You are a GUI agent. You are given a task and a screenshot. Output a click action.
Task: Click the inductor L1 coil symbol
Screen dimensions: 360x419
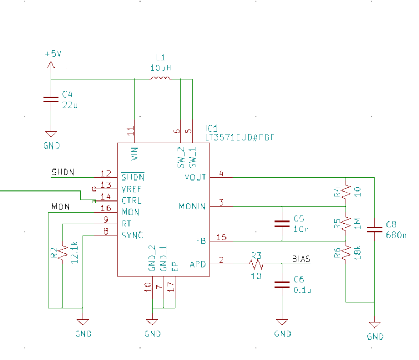(x=160, y=79)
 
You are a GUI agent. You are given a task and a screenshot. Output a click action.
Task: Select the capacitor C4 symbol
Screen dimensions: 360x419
(x=51, y=100)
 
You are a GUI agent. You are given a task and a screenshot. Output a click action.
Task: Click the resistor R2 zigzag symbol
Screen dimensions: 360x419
(x=62, y=253)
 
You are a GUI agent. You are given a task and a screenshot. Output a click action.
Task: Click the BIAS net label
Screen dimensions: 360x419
(x=300, y=259)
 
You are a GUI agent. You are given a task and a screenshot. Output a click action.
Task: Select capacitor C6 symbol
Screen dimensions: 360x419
(x=282, y=284)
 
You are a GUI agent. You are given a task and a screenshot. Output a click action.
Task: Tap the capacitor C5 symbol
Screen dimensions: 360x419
(x=282, y=224)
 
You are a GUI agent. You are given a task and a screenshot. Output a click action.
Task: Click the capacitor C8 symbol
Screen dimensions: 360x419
(x=374, y=229)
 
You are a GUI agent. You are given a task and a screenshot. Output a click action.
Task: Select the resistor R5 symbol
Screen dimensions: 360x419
(x=346, y=224)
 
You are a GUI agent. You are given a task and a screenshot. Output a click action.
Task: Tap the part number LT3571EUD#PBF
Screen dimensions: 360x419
(x=240, y=137)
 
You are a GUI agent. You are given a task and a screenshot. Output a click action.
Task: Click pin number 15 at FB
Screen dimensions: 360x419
(x=221, y=237)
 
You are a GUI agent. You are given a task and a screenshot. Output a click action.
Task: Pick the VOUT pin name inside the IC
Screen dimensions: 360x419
(x=196, y=177)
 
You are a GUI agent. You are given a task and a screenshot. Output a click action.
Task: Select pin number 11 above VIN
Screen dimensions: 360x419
(x=131, y=129)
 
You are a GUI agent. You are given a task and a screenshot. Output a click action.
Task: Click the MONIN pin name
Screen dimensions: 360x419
(x=192, y=206)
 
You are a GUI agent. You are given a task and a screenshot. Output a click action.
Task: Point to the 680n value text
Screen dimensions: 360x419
(x=396, y=235)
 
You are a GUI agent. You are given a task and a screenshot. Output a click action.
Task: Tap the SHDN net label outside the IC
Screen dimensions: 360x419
(x=62, y=172)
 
